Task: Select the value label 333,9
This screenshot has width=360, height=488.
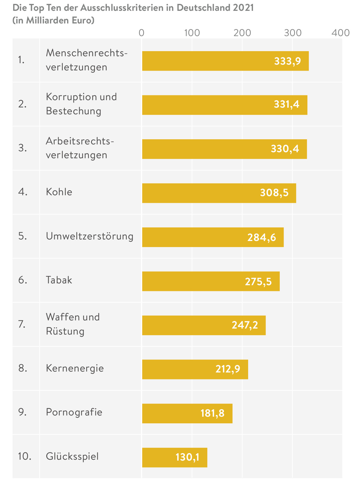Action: point(287,61)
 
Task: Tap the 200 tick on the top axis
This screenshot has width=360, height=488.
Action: point(242,32)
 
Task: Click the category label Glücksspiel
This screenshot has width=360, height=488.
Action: point(72,456)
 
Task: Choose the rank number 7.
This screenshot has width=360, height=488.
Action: point(21,324)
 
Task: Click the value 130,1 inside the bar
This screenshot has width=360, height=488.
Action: point(187,457)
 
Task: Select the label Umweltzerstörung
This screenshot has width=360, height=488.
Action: point(89,236)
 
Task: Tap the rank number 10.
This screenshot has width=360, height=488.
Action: point(24,456)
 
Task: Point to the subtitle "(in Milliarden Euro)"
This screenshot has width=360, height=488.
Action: point(54,20)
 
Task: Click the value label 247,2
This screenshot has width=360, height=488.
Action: point(245,325)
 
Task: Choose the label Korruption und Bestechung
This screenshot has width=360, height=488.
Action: point(81,104)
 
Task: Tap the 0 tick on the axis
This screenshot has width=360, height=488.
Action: point(141,32)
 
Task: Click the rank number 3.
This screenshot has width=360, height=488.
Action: point(22,148)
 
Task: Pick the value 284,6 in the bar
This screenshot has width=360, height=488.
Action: point(261,237)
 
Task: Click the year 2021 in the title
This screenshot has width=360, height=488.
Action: point(243,8)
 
